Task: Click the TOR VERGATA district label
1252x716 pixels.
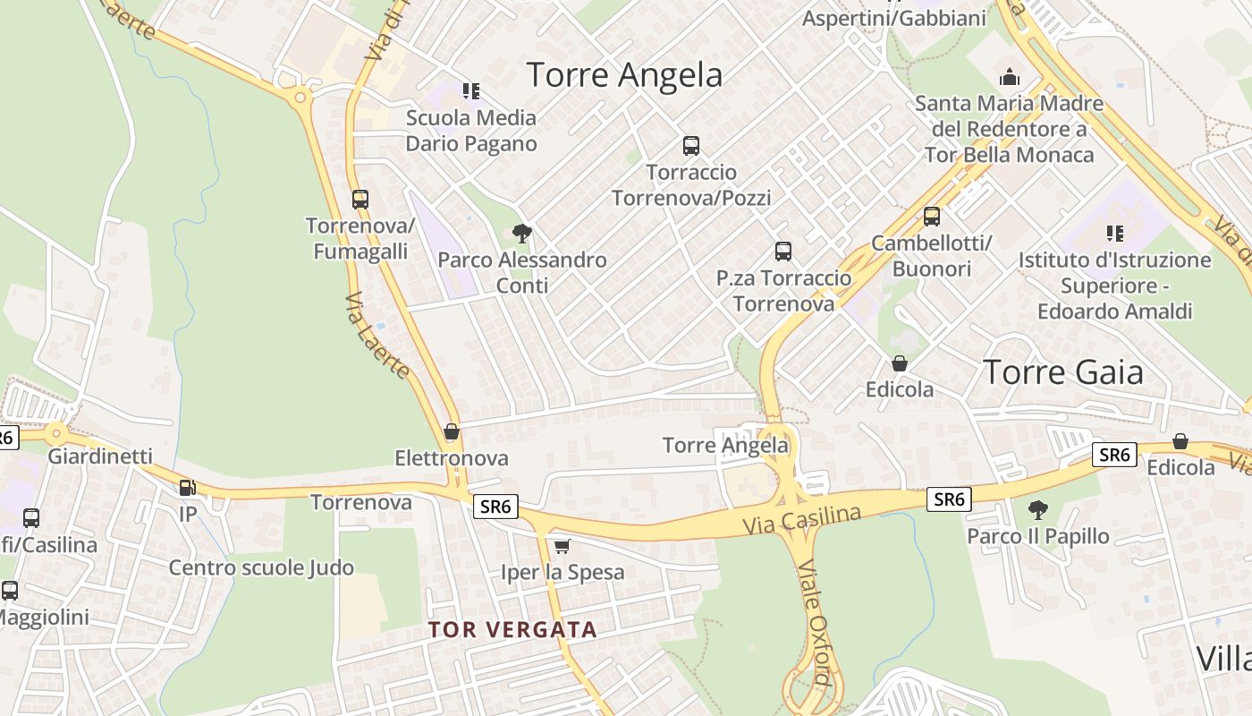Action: [512, 629]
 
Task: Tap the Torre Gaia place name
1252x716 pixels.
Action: [1063, 371]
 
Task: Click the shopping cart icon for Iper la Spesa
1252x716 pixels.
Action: [562, 546]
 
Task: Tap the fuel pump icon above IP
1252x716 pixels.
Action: [188, 488]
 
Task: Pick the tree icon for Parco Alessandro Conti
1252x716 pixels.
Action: [522, 234]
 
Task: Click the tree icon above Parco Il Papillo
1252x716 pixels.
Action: [1037, 510]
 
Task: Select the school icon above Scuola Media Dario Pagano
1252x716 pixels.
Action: [471, 90]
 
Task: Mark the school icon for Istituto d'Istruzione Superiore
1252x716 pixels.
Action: [1114, 234]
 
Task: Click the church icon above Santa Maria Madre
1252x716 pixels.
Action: [1010, 77]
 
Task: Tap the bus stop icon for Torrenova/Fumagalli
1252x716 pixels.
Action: [360, 200]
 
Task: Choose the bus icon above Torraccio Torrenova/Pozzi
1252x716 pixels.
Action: [690, 146]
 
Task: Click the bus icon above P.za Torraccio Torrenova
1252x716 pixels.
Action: [783, 251]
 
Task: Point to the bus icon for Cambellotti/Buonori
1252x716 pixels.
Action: [932, 217]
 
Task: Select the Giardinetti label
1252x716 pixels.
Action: [100, 456]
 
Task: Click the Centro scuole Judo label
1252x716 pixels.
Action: [261, 567]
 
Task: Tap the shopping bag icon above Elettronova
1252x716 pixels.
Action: [452, 432]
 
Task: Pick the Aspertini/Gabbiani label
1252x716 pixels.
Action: [893, 18]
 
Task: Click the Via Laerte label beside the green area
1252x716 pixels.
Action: [376, 336]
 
